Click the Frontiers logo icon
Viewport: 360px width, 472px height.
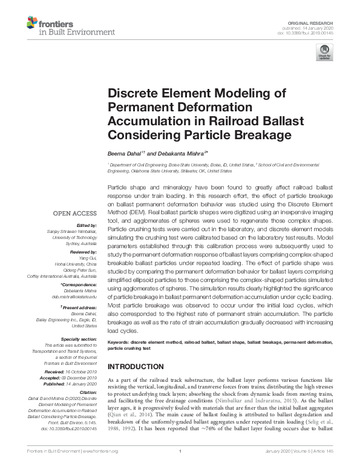32,24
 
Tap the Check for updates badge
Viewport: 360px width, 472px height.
324,53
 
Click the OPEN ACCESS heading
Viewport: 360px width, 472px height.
74,213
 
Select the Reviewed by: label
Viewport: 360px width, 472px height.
82,251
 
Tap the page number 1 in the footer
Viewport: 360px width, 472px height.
180,468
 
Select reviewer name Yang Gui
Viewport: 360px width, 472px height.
88,257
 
